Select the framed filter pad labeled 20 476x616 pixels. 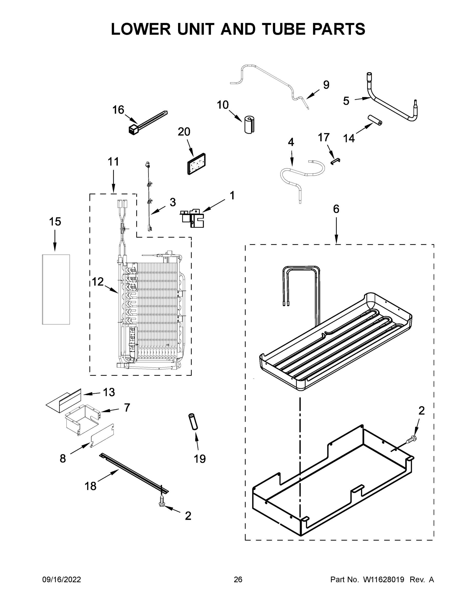coord(197,164)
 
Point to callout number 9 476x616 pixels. coord(326,85)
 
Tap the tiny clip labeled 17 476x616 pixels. coord(335,161)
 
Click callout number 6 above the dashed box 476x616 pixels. coord(336,209)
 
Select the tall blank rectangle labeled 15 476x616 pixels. coord(56,289)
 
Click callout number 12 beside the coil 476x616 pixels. coord(98,282)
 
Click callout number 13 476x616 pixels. coord(109,392)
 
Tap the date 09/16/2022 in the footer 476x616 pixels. coord(62,580)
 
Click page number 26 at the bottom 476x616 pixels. coord(238,580)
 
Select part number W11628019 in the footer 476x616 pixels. coord(384,580)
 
